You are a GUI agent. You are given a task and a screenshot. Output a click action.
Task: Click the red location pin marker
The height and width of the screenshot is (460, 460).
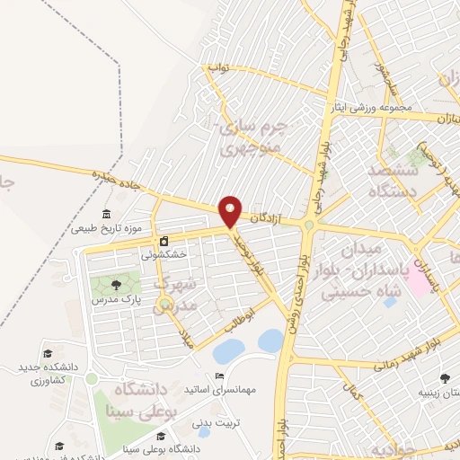pyautogui.click(x=231, y=211)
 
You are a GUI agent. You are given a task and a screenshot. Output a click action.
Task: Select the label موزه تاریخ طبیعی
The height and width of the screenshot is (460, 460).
pyautogui.click(x=109, y=228)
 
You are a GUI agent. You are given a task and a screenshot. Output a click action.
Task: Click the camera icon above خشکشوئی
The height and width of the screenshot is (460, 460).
pyautogui.click(x=164, y=241)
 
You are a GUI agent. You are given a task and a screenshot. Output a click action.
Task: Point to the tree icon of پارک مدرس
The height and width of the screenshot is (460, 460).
pyautogui.click(x=116, y=284)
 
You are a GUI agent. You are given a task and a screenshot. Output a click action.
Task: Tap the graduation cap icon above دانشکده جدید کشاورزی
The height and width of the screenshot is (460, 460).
pyautogui.click(x=49, y=353)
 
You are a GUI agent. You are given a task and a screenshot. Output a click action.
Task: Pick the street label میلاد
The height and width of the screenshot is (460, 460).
pyautogui.click(x=185, y=339)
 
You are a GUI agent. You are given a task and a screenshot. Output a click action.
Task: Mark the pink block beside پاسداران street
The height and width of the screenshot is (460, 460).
pyautogui.click(x=419, y=285)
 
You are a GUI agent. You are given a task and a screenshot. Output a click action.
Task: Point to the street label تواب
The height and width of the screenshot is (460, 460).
pyautogui.click(x=220, y=67)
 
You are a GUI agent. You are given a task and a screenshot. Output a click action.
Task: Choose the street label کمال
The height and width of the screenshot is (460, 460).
pyautogui.click(x=352, y=393)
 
